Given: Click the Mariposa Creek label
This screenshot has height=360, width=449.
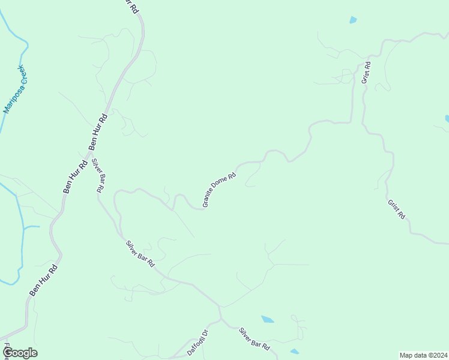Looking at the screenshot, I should coord(16,89).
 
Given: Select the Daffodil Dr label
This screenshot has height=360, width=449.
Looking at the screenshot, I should coord(196,342).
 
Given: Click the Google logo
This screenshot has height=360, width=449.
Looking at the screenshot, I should coord(20,353).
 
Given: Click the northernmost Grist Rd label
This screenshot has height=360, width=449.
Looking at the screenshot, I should coord(365,71).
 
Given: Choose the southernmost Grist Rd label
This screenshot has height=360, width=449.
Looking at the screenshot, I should coord(396,209).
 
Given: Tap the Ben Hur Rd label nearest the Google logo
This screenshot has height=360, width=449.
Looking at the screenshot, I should coord(44,280).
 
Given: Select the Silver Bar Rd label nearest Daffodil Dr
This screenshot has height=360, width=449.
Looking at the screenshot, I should coord(254,338).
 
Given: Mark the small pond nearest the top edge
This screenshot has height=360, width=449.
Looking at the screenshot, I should coord(353,20).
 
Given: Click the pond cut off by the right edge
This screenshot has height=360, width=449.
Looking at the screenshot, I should coord(447,119).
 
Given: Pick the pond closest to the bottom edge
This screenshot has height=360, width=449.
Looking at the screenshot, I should coord(294,351).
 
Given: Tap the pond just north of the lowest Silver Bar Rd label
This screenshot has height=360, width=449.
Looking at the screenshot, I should coord(268,319).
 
